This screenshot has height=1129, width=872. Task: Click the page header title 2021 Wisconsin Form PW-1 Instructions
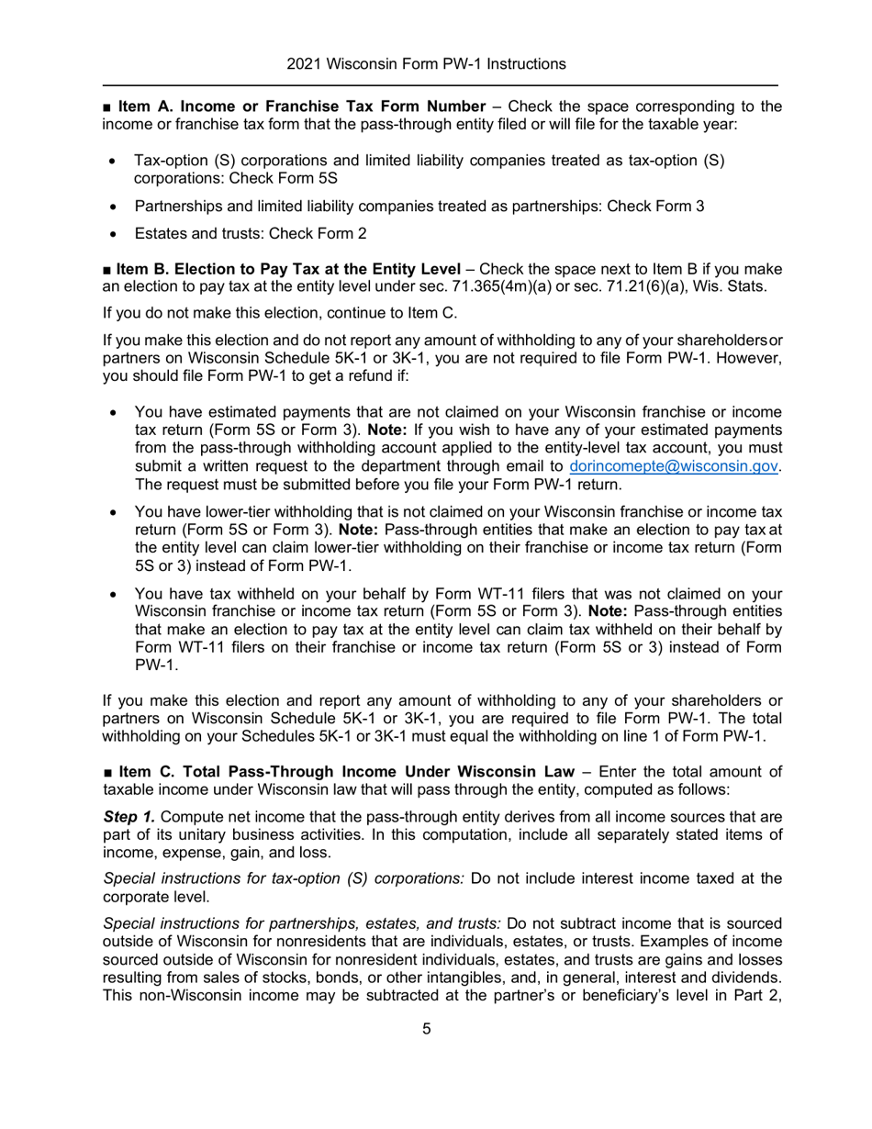coord(426,64)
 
